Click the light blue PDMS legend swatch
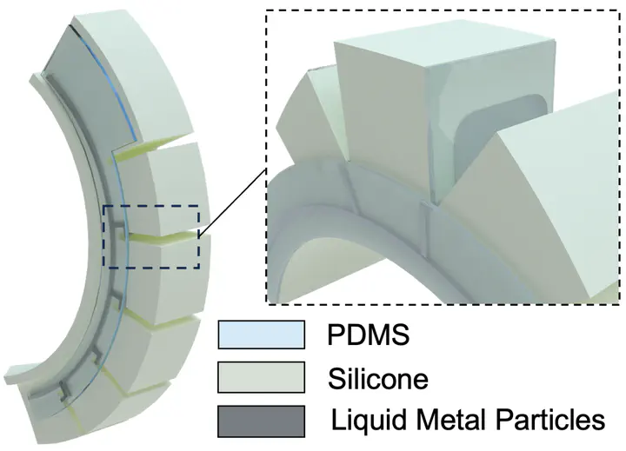click(262, 335)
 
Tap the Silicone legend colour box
click(262, 377)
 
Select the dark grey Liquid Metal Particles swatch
click(262, 421)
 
